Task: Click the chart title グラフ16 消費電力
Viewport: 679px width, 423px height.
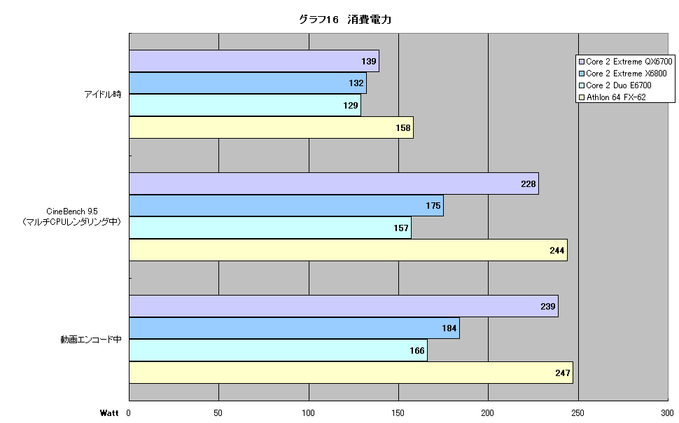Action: click(345, 20)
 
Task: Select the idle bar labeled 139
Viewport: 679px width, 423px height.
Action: click(254, 61)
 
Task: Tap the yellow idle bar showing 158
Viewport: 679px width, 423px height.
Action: click(271, 127)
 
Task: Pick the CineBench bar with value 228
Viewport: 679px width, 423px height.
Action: click(334, 183)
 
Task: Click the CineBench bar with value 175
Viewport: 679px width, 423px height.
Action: click(286, 205)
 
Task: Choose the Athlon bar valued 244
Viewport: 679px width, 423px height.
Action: click(348, 250)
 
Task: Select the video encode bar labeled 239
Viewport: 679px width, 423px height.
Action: click(344, 307)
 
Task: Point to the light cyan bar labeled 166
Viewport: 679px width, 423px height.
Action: click(278, 350)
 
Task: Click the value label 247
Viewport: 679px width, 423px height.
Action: click(563, 373)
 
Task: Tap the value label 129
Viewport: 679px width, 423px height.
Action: click(350, 105)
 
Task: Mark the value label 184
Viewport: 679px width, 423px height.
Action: click(449, 328)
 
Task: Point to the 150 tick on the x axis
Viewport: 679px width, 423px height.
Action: click(398, 413)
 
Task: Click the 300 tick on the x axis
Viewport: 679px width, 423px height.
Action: click(667, 413)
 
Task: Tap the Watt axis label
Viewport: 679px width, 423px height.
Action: click(109, 413)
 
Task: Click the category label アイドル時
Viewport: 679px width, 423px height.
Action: click(103, 94)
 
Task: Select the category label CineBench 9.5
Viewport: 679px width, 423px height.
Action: click(72, 211)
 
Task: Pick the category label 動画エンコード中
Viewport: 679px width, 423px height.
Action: click(91, 340)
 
